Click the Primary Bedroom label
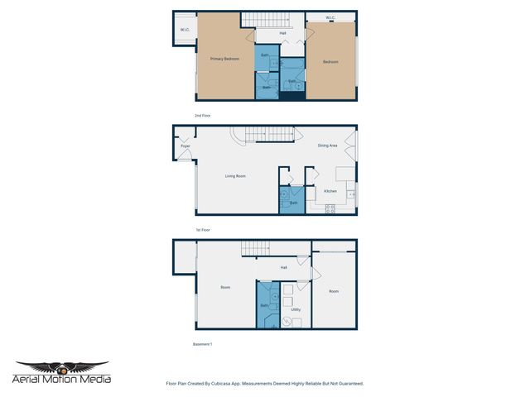[224, 59]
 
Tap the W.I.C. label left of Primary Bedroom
[185, 31]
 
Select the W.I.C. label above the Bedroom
[330, 17]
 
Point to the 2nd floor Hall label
[282, 33]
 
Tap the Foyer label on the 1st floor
[185, 146]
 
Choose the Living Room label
[236, 175]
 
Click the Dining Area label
[327, 146]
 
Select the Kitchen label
[330, 191]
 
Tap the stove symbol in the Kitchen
[330, 208]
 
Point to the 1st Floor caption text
[204, 229]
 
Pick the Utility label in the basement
[296, 309]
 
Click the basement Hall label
[283, 267]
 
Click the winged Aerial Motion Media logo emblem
[62, 366]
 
